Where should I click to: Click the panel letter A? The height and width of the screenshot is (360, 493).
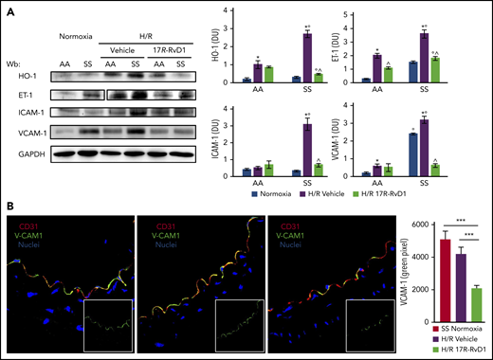(x=8, y=8)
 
